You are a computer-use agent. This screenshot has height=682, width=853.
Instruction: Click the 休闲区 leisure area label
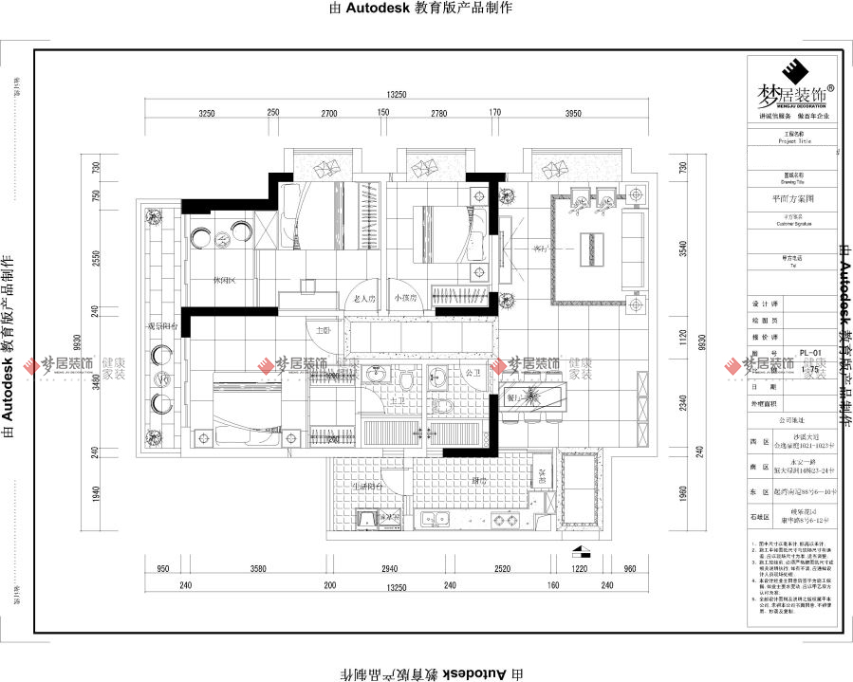pos(224,280)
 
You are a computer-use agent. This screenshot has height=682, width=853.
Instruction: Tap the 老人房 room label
pos(364,298)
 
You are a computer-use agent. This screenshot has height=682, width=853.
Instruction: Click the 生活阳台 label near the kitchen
pos(367,486)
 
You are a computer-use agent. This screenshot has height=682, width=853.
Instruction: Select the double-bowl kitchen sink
pos(437,519)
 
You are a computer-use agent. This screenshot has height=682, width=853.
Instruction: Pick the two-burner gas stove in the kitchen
pos(501,520)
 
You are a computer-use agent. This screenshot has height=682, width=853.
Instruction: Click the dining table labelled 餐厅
pos(531,394)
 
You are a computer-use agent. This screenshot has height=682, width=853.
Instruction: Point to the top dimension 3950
pos(572,114)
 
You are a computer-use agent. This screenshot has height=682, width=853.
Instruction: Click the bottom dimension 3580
pos(251,569)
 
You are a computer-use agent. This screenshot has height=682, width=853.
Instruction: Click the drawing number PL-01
pos(809,352)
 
